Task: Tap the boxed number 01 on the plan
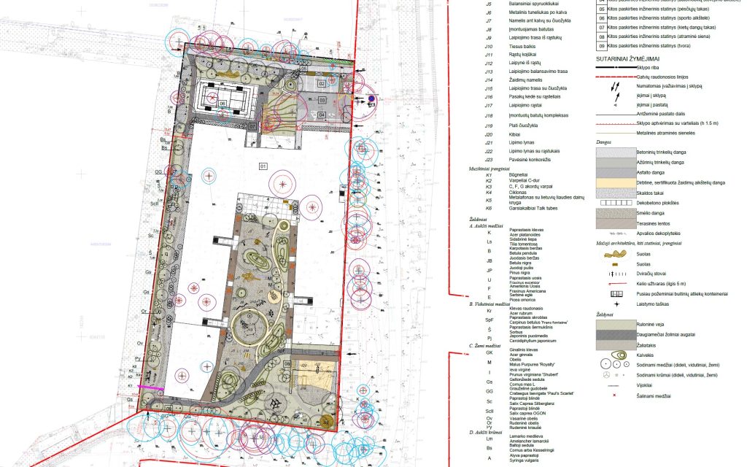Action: tap(263, 166)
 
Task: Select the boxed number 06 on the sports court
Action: tap(222, 103)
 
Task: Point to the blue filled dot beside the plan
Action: tap(371, 99)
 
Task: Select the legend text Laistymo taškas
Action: tap(654, 302)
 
